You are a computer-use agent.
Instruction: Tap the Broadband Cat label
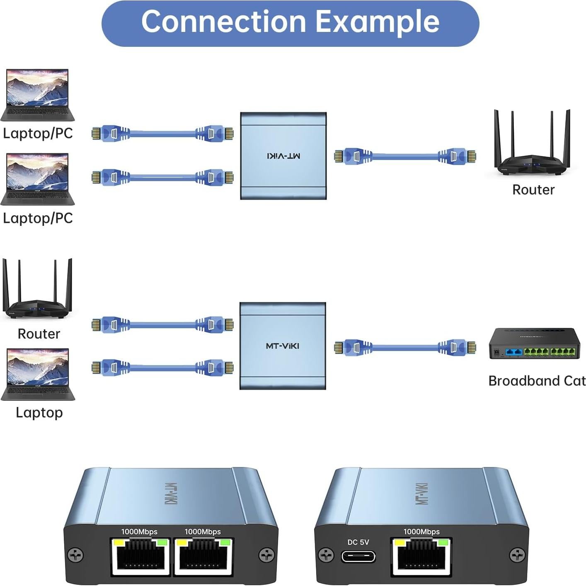537,380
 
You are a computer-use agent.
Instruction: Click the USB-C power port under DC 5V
358,556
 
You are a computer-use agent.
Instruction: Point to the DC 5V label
358,542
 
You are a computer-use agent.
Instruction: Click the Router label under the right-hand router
533,189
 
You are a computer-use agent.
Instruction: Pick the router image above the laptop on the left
37,290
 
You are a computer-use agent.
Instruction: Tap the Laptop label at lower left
39,412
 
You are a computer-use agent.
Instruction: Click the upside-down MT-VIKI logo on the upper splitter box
283,156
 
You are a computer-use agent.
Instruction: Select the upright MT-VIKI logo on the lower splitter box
283,346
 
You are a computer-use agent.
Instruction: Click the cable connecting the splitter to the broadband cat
405,347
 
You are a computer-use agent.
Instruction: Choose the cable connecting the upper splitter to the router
405,156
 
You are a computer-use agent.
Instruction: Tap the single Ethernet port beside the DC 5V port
421,556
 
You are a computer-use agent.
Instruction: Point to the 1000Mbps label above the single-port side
421,532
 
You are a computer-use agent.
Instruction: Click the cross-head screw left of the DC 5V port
326,555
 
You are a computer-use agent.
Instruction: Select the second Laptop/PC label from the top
38,218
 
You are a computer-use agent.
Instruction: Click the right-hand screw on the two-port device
266,555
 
